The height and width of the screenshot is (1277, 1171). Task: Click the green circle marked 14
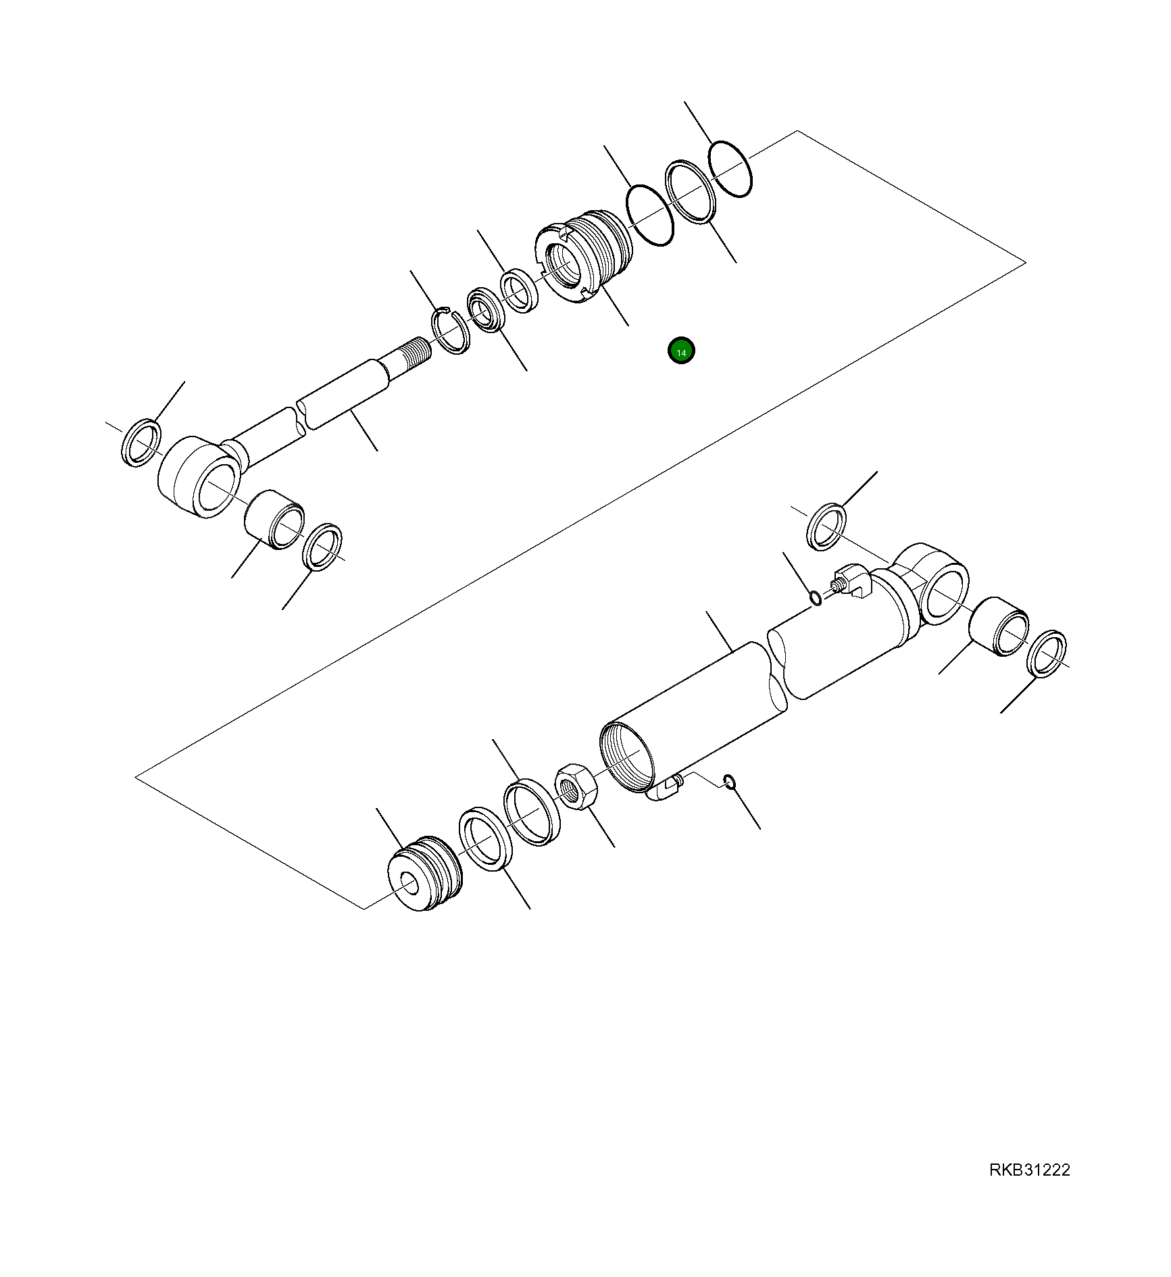(x=680, y=351)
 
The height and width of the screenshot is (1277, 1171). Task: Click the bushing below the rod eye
(x=274, y=519)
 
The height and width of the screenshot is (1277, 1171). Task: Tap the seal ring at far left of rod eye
(x=142, y=442)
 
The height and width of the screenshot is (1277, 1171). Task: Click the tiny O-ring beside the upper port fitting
(x=816, y=598)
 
